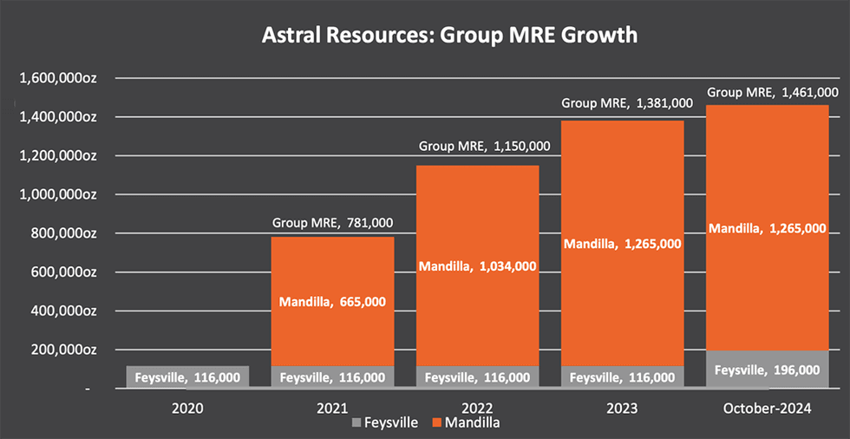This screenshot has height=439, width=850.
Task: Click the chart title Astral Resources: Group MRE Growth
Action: point(450,36)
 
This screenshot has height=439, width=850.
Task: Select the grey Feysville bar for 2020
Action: point(187,377)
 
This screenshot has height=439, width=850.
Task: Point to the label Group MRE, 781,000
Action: point(332,223)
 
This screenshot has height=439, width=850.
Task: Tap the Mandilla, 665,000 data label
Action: point(332,302)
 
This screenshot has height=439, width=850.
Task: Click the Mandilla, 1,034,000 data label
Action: point(477,266)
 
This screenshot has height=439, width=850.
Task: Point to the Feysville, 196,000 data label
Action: point(767,370)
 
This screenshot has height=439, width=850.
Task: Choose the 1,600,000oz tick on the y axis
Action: point(57,78)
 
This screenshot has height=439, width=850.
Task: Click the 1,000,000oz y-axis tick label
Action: point(57,194)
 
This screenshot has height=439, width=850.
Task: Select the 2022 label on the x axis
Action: point(477,407)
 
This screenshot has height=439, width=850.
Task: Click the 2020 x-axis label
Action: point(187,407)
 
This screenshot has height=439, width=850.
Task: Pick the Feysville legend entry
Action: point(386,423)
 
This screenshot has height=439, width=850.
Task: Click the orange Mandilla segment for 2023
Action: point(622,191)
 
